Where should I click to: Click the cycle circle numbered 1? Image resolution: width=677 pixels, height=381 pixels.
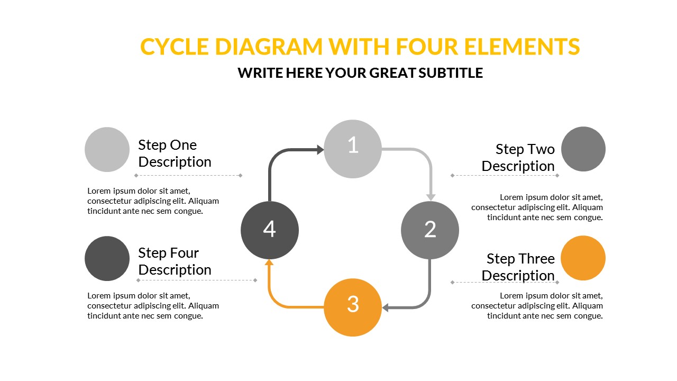click(353, 149)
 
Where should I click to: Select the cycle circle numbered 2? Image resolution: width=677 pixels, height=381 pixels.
click(430, 230)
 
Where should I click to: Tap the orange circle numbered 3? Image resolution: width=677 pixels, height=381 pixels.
click(353, 307)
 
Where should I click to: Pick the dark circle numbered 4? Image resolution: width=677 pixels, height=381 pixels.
click(270, 230)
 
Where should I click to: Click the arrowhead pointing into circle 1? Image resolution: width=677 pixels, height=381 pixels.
click(321, 149)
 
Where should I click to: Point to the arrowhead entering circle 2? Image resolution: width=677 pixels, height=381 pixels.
click(431, 197)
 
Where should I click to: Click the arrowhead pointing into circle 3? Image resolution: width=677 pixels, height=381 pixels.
click(385, 308)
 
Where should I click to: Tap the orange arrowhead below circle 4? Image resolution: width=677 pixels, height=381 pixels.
click(269, 262)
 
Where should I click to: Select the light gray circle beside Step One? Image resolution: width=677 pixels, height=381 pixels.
click(107, 149)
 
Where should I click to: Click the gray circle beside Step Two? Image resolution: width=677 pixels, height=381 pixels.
click(583, 149)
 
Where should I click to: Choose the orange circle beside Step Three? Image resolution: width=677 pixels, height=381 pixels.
click(583, 258)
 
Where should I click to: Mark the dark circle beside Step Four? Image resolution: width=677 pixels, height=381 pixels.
click(107, 259)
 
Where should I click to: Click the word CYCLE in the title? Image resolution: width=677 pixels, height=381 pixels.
click(175, 47)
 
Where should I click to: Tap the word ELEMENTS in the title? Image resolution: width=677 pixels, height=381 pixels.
click(522, 47)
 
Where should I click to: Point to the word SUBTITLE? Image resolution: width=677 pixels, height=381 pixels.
click(451, 73)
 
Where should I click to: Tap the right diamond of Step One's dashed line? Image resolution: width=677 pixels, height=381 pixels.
click(241, 175)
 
